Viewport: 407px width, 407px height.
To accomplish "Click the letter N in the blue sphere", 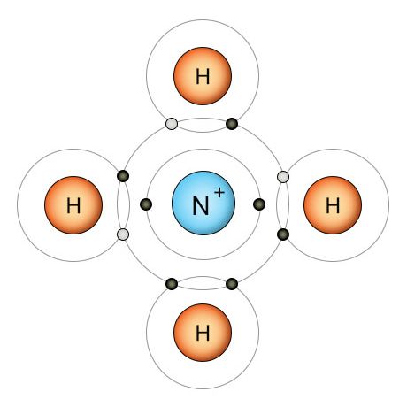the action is click(x=201, y=205).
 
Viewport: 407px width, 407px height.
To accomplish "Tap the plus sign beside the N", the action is click(x=219, y=193).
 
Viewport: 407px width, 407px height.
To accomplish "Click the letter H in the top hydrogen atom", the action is click(x=203, y=76).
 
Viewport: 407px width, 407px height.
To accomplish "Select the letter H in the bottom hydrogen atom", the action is click(x=203, y=333).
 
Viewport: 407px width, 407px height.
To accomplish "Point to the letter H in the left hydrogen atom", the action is click(x=73, y=205).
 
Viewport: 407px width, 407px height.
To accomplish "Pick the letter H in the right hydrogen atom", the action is click(x=333, y=205).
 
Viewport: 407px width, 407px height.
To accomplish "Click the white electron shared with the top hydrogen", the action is click(x=172, y=124).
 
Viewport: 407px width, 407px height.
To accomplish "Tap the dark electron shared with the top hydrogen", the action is click(x=232, y=124).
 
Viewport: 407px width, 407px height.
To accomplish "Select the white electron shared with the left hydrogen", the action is click(x=123, y=234).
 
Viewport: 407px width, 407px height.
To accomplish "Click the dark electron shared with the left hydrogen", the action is click(x=123, y=176).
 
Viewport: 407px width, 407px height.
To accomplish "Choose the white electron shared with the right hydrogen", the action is click(x=283, y=177).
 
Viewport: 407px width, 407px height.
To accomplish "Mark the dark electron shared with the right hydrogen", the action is click(x=283, y=234).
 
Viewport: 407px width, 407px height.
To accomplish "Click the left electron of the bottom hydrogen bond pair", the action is click(x=172, y=284).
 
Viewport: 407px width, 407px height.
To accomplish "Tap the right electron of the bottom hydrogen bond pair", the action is click(x=232, y=284).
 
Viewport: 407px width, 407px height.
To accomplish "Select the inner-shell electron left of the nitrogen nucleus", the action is click(x=146, y=204).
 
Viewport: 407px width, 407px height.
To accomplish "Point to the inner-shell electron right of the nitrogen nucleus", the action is click(x=259, y=204).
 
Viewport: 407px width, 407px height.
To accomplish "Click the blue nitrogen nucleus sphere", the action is click(x=203, y=203).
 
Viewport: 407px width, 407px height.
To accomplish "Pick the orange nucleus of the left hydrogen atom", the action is click(x=73, y=205).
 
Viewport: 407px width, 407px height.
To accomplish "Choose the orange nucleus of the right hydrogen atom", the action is click(x=333, y=205).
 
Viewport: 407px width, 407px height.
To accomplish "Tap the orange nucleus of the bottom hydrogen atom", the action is click(x=203, y=333).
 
